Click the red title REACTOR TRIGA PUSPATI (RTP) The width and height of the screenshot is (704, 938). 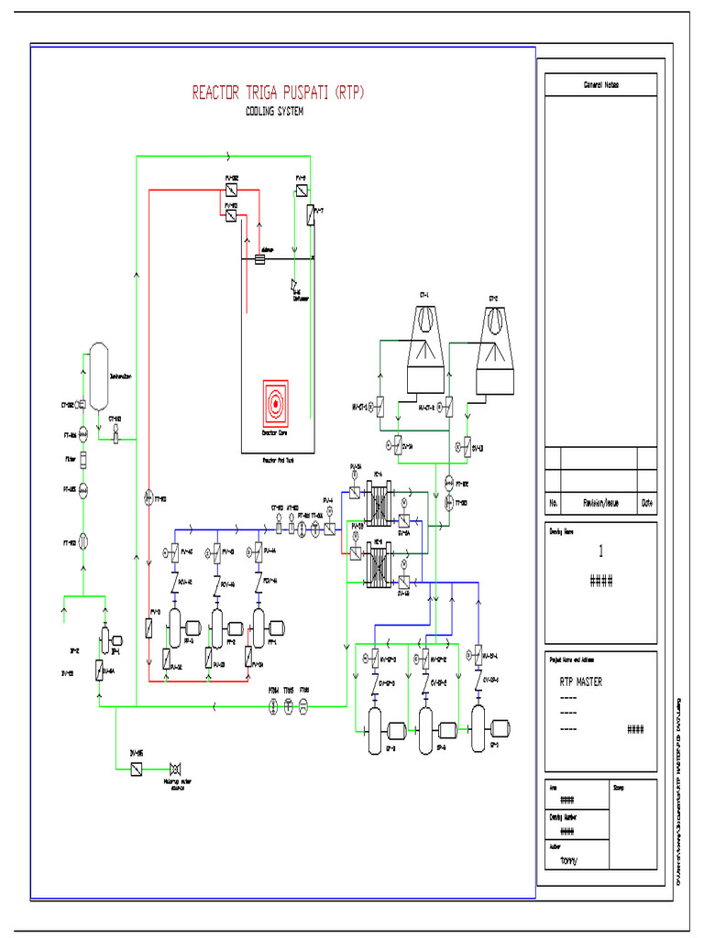277,93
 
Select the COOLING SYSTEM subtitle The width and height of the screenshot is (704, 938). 275,112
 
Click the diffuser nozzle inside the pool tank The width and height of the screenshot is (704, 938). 296,285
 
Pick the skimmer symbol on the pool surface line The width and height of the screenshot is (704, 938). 259,260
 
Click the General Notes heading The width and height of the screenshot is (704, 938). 601,85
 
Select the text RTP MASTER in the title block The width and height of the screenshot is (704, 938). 581,682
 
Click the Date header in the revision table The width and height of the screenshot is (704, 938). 647,503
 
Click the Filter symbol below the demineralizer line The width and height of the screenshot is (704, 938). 82,458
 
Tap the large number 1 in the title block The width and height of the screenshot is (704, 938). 601,551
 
